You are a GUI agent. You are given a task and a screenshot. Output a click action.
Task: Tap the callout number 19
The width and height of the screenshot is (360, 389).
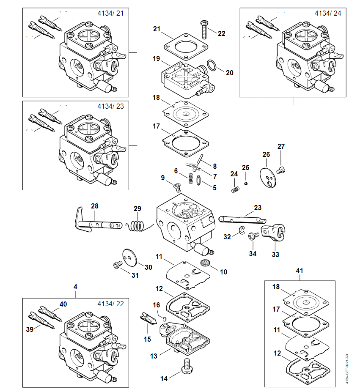click(157, 59)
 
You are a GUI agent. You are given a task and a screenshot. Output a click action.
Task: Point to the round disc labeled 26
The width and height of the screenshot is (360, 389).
click(267, 175)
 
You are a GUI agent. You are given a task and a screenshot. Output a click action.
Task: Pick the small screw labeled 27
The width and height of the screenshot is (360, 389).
click(280, 170)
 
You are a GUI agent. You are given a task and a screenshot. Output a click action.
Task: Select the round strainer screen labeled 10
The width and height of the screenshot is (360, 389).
click(206, 263)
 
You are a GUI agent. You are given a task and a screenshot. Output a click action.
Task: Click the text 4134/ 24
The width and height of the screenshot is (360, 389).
click(327, 13)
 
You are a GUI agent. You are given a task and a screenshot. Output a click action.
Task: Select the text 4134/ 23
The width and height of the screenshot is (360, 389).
click(110, 106)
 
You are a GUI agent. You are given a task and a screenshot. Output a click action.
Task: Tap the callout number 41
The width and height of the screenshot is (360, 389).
click(300, 270)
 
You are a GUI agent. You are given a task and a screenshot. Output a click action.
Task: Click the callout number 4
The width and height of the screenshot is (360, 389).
click(75, 287)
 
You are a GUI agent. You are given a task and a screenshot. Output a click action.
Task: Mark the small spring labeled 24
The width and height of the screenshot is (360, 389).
click(235, 186)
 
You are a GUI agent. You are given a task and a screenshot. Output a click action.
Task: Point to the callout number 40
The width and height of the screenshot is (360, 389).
click(63, 304)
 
